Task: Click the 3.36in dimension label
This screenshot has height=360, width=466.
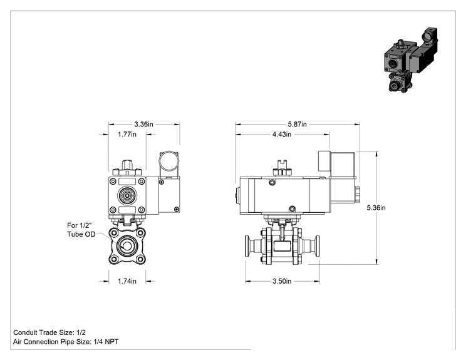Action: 143,124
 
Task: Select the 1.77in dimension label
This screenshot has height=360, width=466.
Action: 127,134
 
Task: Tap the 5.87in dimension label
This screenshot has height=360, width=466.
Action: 297,124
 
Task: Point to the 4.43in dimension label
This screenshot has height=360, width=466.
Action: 282,134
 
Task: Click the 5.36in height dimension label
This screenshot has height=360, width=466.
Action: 376,208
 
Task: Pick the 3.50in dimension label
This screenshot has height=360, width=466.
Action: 282,281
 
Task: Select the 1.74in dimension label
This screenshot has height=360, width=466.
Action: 127,281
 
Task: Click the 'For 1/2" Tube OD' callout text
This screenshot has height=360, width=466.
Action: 81,230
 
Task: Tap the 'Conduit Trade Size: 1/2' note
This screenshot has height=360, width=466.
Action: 49,332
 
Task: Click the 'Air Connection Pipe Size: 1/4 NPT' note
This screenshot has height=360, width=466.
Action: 66,342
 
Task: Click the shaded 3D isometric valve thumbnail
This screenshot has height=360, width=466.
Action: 410,60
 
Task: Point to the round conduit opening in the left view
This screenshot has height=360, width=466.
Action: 169,162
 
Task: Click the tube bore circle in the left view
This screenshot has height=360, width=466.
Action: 127,246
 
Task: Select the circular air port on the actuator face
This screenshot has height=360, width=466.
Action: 127,195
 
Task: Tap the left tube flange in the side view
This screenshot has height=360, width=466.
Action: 247,246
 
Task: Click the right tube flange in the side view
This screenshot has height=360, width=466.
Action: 318,246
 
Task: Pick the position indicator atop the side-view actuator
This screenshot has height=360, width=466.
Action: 282,168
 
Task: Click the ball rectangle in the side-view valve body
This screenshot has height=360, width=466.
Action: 282,246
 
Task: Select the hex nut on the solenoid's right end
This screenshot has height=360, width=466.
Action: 358,193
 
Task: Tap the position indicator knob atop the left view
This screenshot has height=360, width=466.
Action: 127,168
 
